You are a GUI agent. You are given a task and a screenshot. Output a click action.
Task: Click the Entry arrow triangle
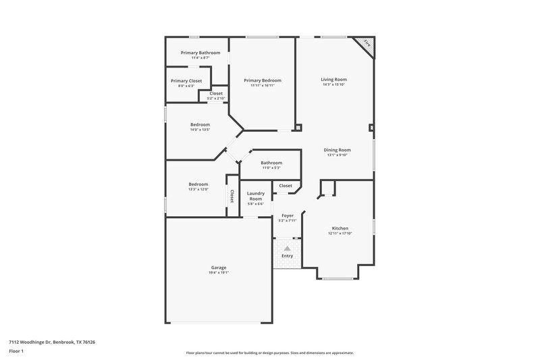pyautogui.click(x=287, y=248)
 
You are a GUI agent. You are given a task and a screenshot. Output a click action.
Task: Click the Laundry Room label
pyautogui.click(x=255, y=196)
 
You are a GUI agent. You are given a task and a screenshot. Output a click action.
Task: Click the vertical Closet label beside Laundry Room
pyautogui.click(x=232, y=196)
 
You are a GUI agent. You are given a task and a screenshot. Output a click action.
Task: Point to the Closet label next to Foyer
pyautogui.click(x=286, y=185)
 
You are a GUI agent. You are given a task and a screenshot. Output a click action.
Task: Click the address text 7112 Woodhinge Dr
pyautogui.click(x=52, y=342)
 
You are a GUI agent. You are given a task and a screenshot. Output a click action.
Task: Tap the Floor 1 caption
pyautogui.click(x=17, y=351)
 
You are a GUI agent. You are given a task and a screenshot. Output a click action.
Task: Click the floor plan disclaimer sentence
pyautogui.click(x=269, y=353)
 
